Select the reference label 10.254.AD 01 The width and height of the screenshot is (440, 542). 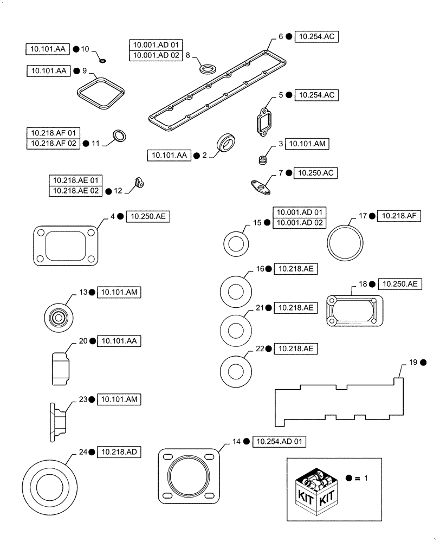tap(279, 442)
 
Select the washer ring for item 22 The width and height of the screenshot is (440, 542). tap(236, 371)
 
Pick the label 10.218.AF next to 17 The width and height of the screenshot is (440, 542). tap(398, 216)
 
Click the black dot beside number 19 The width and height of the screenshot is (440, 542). tap(423, 362)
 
